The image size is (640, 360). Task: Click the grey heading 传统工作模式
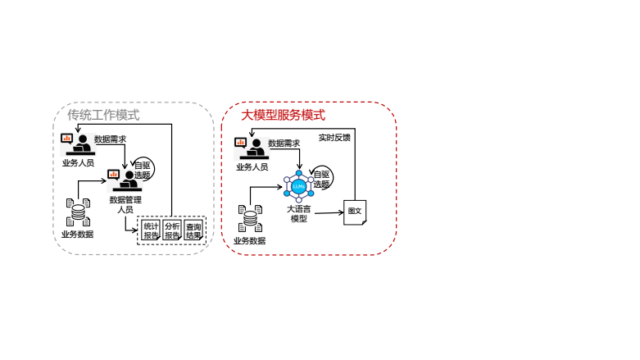103,116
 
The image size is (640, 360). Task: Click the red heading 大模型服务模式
283,116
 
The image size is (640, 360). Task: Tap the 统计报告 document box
151,230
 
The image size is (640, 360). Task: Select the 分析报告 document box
172,230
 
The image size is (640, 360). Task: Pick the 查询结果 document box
194,230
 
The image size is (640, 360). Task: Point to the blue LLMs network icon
298,187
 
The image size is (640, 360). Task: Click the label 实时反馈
334,138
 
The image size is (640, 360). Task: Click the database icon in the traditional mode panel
79,213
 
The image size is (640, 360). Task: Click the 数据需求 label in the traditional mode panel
111,139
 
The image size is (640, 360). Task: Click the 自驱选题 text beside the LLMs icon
320,180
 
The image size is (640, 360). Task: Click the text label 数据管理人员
120,204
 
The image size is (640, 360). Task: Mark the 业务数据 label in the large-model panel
250,240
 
